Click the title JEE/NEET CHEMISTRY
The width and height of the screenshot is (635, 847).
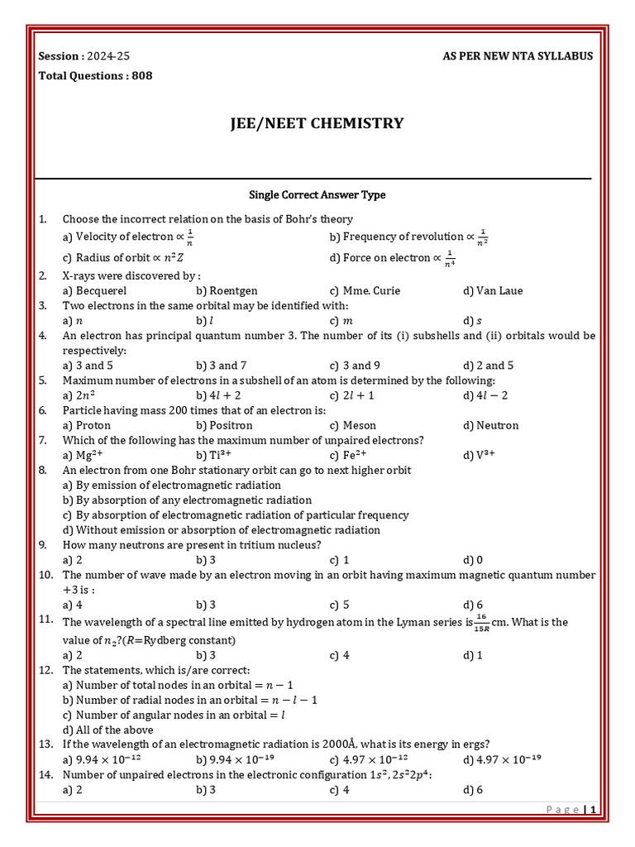(x=317, y=124)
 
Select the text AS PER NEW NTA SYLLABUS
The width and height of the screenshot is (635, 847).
(x=518, y=56)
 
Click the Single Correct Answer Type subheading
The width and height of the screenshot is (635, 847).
(x=317, y=195)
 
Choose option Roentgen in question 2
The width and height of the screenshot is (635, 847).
(x=233, y=290)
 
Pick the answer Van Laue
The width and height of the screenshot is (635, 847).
(x=499, y=290)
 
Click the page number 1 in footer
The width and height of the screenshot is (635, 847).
(x=594, y=810)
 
